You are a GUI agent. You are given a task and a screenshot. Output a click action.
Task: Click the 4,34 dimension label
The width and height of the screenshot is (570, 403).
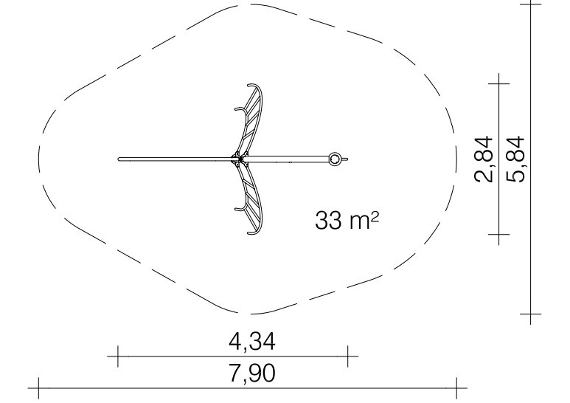[252, 342]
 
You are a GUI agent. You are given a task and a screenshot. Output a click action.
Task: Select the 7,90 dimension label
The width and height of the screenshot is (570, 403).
[252, 373]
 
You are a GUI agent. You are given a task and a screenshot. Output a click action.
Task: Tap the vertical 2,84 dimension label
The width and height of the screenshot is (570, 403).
[484, 159]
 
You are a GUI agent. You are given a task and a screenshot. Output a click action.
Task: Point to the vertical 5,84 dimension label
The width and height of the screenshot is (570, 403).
[516, 159]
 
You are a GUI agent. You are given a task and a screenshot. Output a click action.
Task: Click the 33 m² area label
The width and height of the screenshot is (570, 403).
[347, 220]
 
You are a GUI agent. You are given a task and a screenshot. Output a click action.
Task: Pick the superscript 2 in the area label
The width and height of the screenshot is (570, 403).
[375, 216]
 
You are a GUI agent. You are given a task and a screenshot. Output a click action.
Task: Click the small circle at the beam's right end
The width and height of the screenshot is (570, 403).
[335, 159]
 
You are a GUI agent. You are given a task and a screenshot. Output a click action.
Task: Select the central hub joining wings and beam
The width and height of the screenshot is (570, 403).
[240, 159]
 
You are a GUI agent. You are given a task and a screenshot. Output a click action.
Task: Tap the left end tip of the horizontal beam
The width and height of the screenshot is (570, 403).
[119, 159]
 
